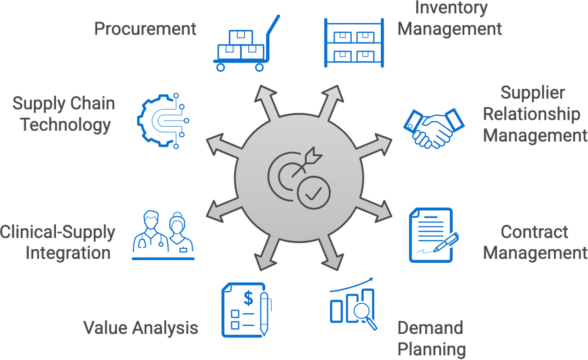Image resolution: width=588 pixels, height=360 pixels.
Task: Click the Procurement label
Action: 145,29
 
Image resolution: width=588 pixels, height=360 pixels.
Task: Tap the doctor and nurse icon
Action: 163,235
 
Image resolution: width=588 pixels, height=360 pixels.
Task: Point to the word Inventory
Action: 444,8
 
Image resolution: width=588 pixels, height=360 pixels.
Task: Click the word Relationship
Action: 531,114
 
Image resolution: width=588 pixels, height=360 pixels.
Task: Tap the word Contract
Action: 534,232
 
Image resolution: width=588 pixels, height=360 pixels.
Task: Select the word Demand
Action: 430,328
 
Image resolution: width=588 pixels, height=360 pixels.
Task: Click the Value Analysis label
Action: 140,328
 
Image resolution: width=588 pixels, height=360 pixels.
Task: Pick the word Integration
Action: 68,253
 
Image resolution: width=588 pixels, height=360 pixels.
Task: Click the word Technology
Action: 65,125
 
